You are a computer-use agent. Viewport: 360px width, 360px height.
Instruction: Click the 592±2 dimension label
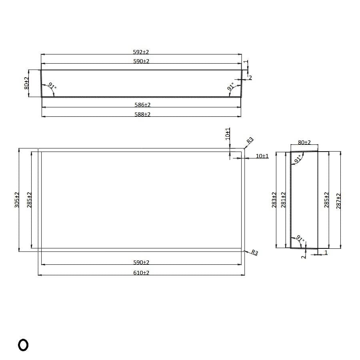(141, 52)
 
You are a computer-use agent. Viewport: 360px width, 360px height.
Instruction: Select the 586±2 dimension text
(142, 105)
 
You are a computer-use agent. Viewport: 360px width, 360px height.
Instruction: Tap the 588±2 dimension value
(142, 114)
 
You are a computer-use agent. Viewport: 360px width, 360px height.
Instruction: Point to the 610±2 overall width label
(142, 273)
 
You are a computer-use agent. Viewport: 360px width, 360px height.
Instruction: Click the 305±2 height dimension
(17, 200)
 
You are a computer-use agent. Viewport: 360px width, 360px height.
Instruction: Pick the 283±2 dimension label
(274, 200)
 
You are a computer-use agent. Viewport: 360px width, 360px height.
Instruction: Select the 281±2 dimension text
(284, 200)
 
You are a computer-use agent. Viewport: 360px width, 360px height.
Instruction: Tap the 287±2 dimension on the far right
(339, 200)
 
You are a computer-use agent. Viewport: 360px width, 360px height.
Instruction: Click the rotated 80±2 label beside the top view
(26, 83)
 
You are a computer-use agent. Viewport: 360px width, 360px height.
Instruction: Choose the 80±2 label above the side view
(304, 142)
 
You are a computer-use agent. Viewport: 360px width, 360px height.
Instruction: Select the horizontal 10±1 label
(262, 156)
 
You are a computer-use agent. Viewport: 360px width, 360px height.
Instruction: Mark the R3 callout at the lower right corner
(254, 253)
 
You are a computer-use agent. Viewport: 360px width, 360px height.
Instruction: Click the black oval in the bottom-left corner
(23, 345)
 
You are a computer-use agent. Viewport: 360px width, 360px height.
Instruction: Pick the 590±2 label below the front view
(142, 262)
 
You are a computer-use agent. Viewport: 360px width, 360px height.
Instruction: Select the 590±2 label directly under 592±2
(141, 61)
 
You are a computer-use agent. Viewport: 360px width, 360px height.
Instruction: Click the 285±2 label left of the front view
(29, 200)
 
